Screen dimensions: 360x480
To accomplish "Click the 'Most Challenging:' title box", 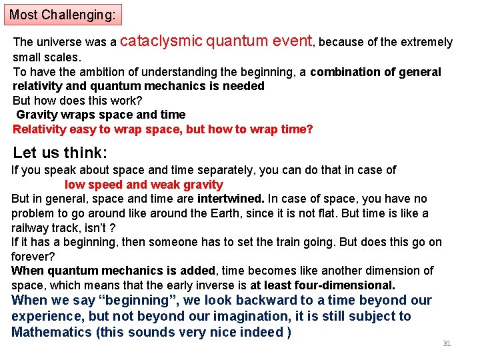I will (63, 13).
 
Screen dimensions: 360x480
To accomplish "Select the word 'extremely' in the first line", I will (427, 43).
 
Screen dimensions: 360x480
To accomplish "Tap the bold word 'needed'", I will (246, 86).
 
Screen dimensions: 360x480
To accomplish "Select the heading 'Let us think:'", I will (60, 152).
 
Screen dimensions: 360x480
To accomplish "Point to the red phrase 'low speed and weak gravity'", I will (143, 185).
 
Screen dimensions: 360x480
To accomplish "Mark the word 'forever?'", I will (32, 257).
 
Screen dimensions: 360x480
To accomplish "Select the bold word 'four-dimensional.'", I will (347, 285).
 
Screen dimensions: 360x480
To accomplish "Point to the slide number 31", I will (447, 343).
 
